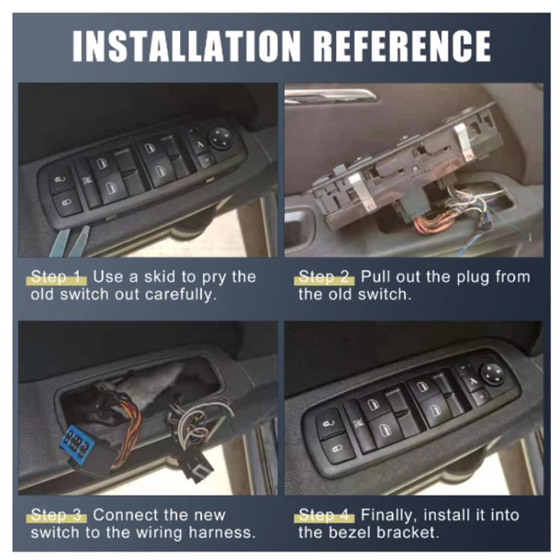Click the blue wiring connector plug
click(x=77, y=445)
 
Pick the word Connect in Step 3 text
click(x=125, y=516)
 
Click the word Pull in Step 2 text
click(x=376, y=277)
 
